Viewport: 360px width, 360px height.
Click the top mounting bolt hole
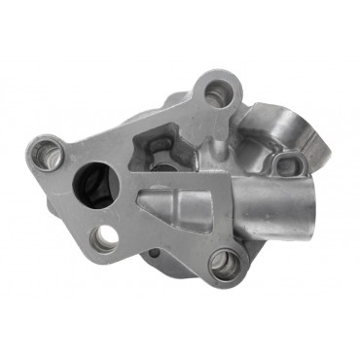coord(215,92)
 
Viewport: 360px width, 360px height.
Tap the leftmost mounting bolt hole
coord(46,153)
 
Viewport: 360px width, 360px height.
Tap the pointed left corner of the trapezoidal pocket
coord(139,201)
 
